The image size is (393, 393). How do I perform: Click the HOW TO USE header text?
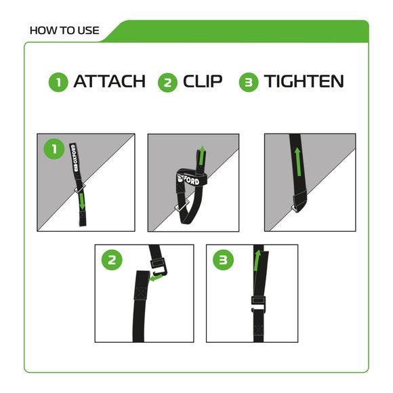pyautogui.click(x=65, y=30)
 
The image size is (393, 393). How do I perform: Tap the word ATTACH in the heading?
pyautogui.click(x=109, y=82)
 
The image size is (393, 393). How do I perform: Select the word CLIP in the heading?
pyautogui.click(x=203, y=82)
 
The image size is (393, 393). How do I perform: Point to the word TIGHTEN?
pyautogui.click(x=304, y=82)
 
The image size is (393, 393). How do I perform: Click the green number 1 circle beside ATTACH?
pyautogui.click(x=58, y=83)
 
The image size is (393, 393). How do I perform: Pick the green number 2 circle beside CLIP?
pyautogui.click(x=167, y=83)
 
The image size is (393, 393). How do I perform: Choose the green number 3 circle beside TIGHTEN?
pyautogui.click(x=249, y=83)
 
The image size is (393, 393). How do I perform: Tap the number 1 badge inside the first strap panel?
pyautogui.click(x=54, y=149)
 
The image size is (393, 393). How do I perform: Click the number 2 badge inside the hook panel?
pyautogui.click(x=112, y=260)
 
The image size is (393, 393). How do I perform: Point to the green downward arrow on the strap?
pyautogui.click(x=82, y=202)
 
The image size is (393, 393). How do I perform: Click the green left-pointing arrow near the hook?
pyautogui.click(x=157, y=277)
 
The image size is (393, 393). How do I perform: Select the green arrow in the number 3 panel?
pyautogui.click(x=257, y=261)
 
